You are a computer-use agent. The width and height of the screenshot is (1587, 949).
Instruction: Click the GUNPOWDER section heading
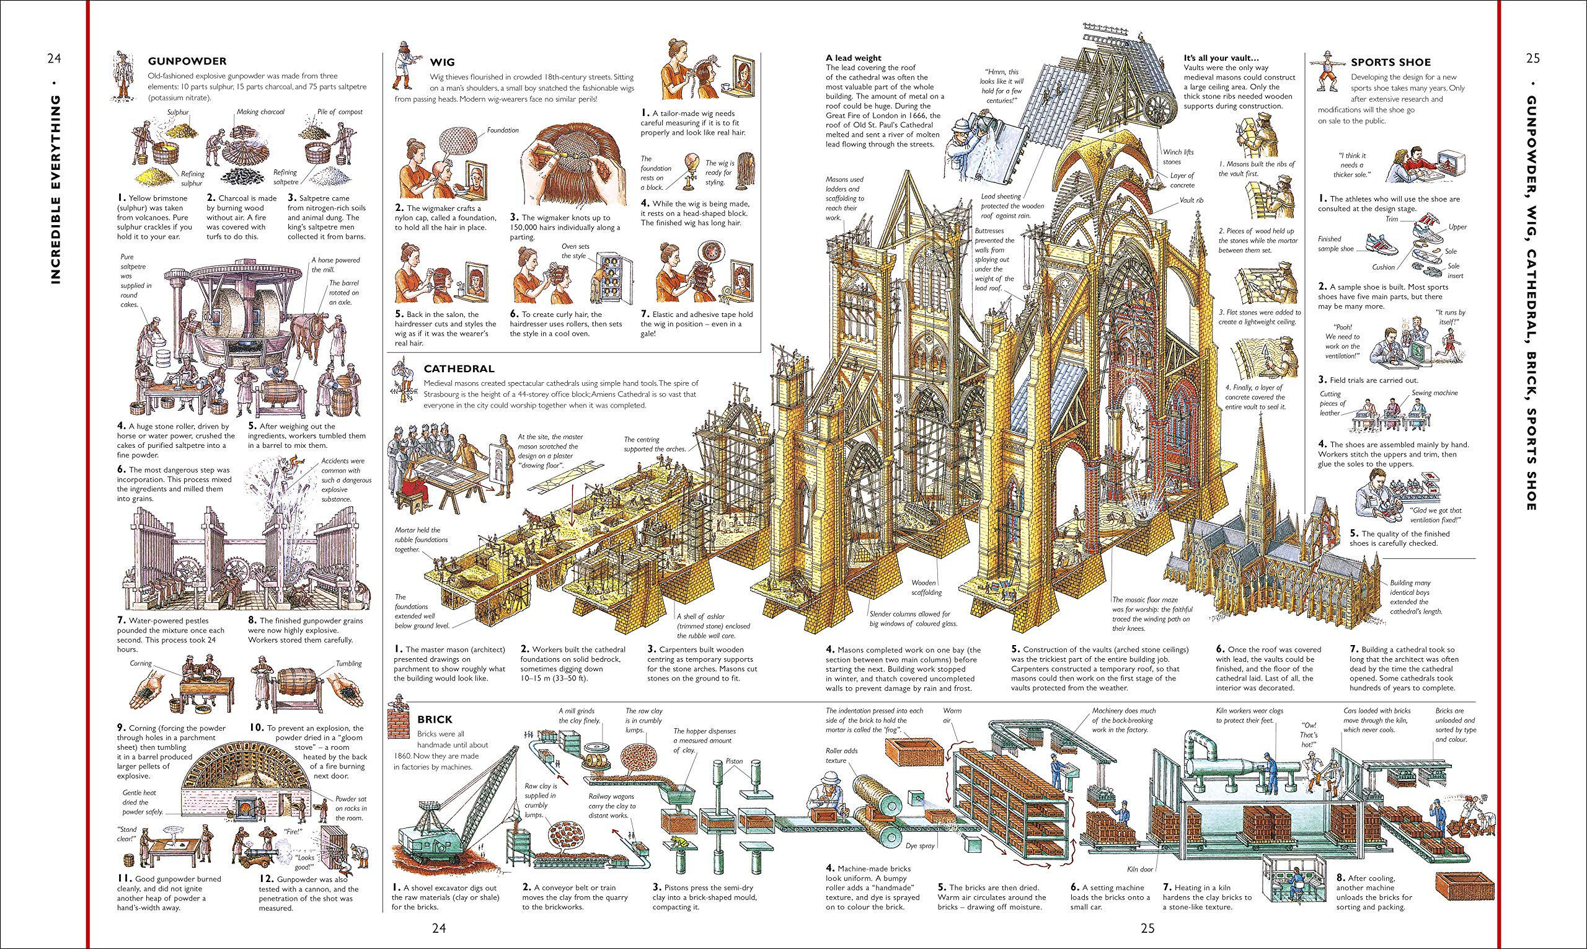pyautogui.click(x=187, y=61)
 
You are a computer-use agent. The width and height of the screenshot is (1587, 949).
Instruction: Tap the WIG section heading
pyautogui.click(x=441, y=62)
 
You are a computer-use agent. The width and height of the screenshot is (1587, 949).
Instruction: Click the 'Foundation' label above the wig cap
pyautogui.click(x=502, y=130)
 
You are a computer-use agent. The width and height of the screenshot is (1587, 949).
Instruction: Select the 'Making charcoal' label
pyautogui.click(x=260, y=111)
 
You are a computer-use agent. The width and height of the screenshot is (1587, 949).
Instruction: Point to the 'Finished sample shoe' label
pyautogui.click(x=1335, y=243)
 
